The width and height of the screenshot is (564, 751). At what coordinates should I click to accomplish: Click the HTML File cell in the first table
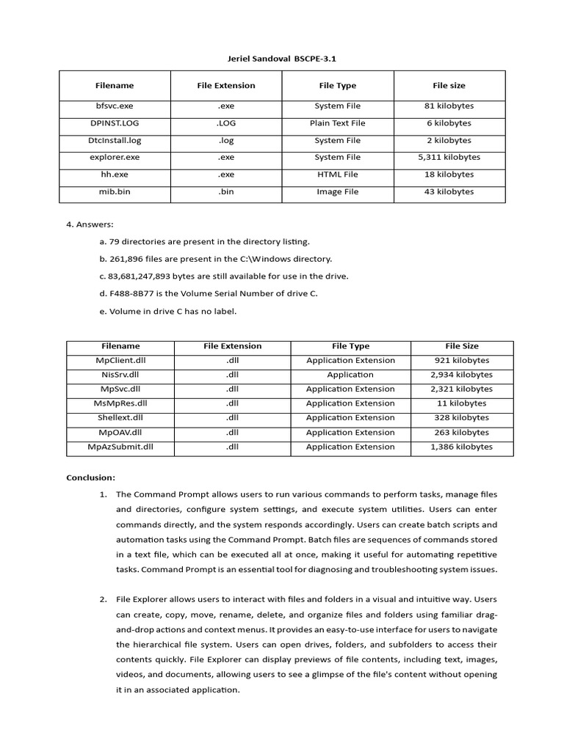point(337,175)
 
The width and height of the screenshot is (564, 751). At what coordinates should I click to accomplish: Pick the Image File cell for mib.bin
point(337,192)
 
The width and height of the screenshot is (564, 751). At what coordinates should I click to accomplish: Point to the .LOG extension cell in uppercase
point(226,123)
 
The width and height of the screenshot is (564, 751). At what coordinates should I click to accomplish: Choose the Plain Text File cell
point(337,123)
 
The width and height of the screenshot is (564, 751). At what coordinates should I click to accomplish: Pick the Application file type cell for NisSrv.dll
point(350,375)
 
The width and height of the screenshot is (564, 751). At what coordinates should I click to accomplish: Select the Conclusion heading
point(91,477)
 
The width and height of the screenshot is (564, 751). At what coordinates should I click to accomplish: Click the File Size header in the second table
point(461,346)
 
